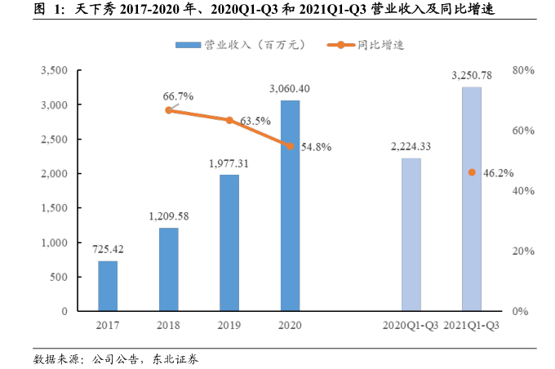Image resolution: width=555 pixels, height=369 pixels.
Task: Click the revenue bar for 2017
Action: (107, 286)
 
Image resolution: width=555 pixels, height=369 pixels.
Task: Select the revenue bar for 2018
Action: (168, 269)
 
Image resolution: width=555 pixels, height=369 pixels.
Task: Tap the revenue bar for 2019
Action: (229, 242)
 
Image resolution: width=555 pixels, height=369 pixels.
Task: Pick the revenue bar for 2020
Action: (290, 206)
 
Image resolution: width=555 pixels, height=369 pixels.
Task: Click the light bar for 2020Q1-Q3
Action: (411, 234)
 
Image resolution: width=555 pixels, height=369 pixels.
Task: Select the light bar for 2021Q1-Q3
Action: (471, 199)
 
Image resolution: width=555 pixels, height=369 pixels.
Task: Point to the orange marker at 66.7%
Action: (168, 109)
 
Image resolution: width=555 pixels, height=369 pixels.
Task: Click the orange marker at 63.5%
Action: (229, 120)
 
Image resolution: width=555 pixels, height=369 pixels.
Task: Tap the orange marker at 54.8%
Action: (290, 146)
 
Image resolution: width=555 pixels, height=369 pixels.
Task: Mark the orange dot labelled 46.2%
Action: (471, 172)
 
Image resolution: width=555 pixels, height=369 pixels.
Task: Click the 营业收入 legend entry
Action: (232, 45)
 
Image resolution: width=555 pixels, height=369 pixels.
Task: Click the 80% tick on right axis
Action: (522, 71)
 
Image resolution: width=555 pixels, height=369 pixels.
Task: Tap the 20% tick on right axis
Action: (522, 251)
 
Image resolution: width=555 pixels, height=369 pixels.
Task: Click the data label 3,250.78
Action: (471, 76)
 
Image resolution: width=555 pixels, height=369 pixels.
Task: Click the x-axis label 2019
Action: (229, 325)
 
